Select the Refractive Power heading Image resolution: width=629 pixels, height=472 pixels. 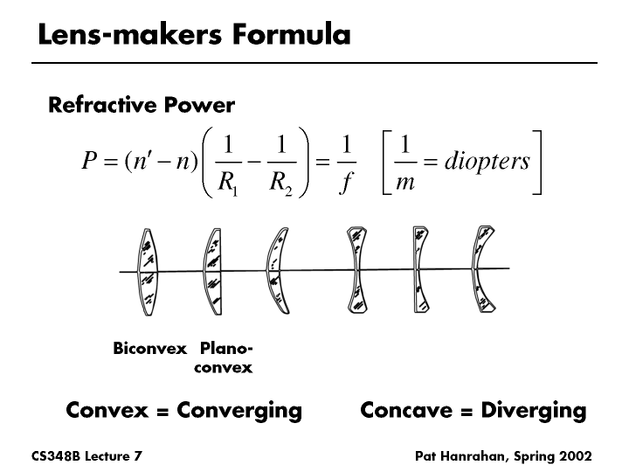tap(142, 106)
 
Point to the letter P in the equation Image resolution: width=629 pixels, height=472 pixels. tap(87, 163)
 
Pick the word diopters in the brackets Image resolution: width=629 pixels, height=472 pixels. tap(487, 163)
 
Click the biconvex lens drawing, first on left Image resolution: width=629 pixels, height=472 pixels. tap(149, 271)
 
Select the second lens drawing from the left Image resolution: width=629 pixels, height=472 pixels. tap(211, 271)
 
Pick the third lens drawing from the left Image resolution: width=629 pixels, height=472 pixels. tap(276, 271)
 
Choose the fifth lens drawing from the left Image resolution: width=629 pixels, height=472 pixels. tap(419, 271)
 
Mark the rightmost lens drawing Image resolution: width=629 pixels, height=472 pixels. tap(481, 271)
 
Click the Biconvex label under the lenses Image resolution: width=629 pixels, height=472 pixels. tap(150, 349)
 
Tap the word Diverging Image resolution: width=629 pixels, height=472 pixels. tap(533, 410)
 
